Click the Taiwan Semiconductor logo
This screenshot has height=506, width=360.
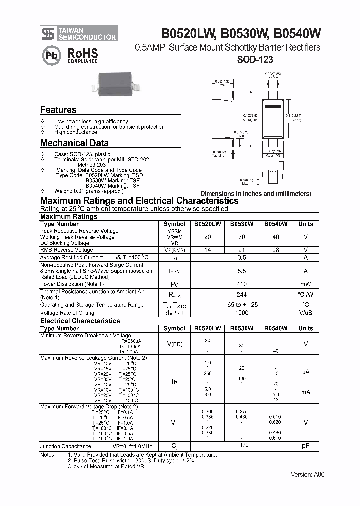pyautogui.click(x=79, y=33)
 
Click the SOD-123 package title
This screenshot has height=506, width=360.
pyautogui.click(x=254, y=59)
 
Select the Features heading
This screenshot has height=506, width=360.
pyautogui.click(x=58, y=110)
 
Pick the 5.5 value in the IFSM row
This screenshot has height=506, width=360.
pyautogui.click(x=242, y=270)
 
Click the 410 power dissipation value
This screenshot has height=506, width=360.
pyautogui.click(x=242, y=284)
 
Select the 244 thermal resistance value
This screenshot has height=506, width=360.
pyautogui.click(x=242, y=294)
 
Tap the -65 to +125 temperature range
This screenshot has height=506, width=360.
pyautogui.click(x=242, y=304)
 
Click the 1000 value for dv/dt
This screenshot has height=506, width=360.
pyautogui.click(x=242, y=312)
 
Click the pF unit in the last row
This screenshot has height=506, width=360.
pyautogui.click(x=306, y=446)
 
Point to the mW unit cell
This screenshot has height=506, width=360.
pyautogui.click(x=306, y=284)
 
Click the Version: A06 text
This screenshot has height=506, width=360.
pyautogui.click(x=307, y=474)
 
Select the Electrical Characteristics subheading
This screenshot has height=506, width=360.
pyautogui.click(x=80, y=321)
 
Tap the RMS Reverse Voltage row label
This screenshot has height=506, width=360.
pyautogui.click(x=67, y=250)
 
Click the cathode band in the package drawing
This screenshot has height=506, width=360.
pyautogui.click(x=273, y=107)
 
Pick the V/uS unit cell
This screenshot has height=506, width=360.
pyautogui.click(x=306, y=312)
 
